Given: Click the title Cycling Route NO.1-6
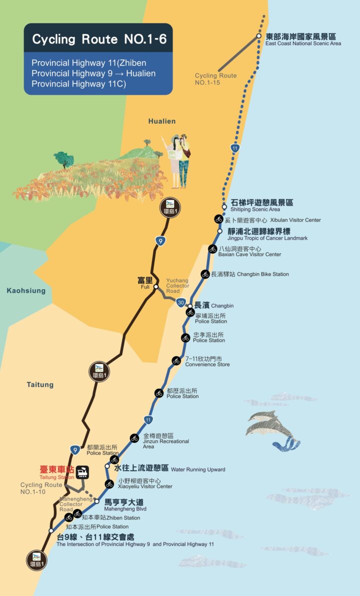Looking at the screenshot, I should pyautogui.click(x=99, y=39).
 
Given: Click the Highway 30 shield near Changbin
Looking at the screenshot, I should pyautogui.click(x=181, y=302).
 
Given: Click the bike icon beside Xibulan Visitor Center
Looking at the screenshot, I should pyautogui.click(x=218, y=219).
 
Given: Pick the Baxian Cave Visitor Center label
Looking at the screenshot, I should pyautogui.click(x=250, y=252).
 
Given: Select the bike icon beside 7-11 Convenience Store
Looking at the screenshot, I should pyautogui.click(x=176, y=361).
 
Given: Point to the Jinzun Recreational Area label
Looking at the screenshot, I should pyautogui.click(x=165, y=441).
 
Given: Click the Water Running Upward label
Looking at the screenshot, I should pyautogui.click(x=169, y=469).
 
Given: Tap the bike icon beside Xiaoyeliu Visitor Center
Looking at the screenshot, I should pyautogui.click(x=109, y=484).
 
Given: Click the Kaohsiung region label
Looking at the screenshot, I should pyautogui.click(x=26, y=291).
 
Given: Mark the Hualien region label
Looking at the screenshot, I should pyautogui.click(x=162, y=121).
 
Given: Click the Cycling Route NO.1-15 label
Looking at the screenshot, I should pyautogui.click(x=215, y=79).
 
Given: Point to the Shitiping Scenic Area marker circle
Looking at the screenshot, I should pyautogui.click(x=224, y=207).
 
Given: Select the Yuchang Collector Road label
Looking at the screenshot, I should pyautogui.click(x=177, y=286).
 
